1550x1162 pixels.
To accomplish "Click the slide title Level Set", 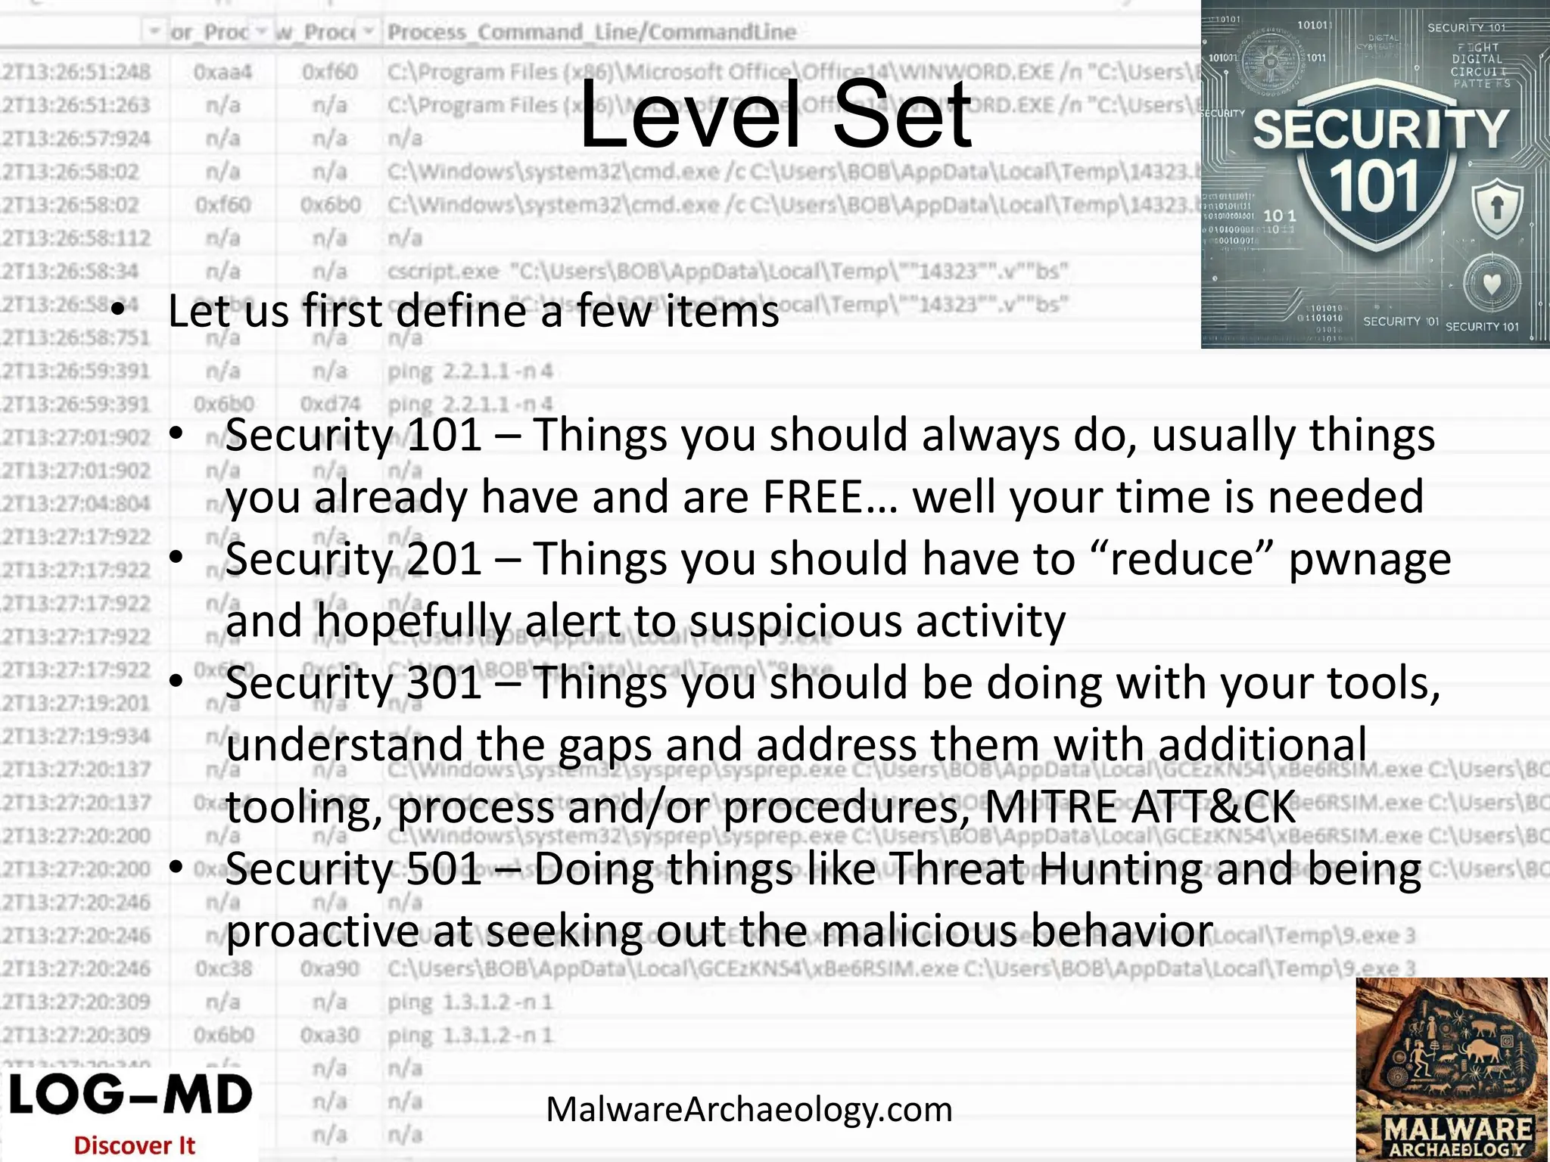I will (775, 115).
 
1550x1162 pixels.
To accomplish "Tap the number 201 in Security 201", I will (444, 559).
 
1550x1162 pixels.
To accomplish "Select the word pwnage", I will (1369, 561).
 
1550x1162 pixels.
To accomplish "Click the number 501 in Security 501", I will (444, 869).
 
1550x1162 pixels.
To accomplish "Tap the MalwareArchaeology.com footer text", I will (749, 1110).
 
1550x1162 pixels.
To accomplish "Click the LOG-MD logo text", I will (130, 1095).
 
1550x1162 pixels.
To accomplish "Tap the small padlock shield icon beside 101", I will (1496, 207).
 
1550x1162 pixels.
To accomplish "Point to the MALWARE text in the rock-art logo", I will (1458, 1129).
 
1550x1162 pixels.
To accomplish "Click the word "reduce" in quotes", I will (1183, 559).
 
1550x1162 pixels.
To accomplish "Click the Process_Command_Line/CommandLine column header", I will (592, 32).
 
